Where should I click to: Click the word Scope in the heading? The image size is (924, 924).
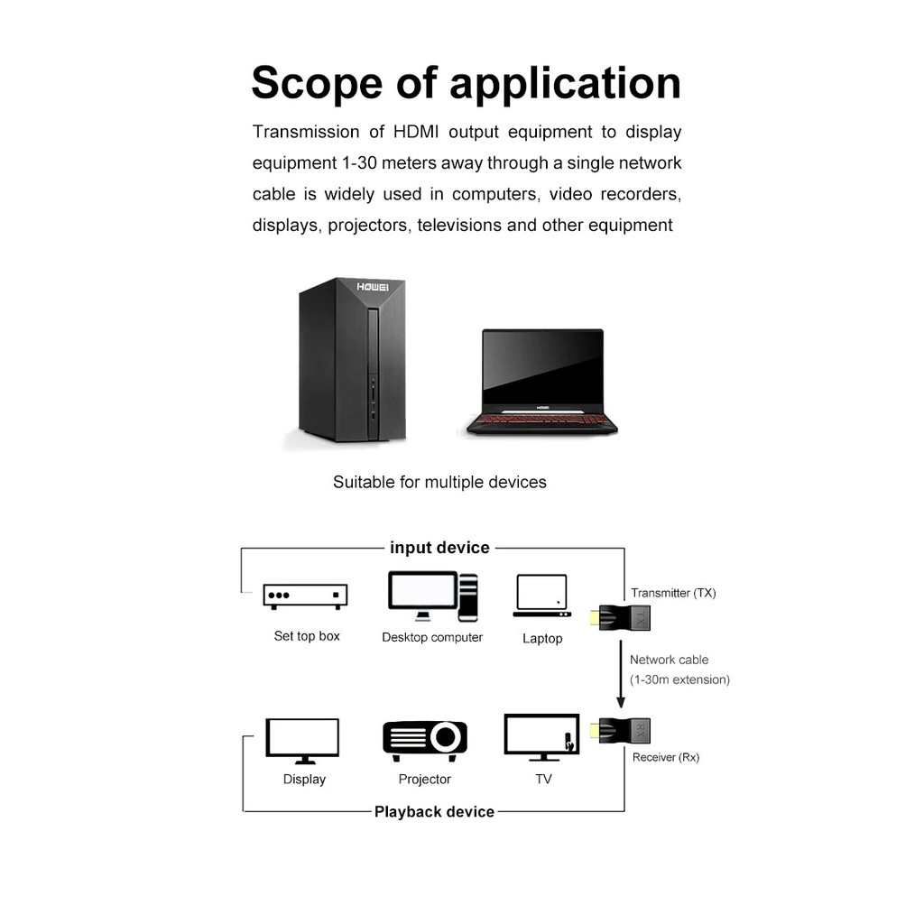[317, 84]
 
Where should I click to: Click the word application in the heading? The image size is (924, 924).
[565, 84]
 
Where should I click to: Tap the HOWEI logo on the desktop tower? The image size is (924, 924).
[372, 287]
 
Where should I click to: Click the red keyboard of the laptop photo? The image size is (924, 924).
[541, 420]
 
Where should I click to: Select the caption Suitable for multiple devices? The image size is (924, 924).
[439, 482]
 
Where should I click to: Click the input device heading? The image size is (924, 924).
[439, 548]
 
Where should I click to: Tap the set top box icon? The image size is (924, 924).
[305, 596]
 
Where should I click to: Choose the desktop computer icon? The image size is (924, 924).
[432, 596]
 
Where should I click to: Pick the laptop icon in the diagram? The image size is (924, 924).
[541, 596]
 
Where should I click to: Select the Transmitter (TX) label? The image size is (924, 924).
[673, 593]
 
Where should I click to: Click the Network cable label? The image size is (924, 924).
[670, 660]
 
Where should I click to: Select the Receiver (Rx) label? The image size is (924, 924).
[666, 757]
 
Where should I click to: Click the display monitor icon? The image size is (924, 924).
[302, 741]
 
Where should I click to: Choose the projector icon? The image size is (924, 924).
[425, 737]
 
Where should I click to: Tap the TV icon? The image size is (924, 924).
[541, 738]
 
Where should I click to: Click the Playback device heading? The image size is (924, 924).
[434, 811]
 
